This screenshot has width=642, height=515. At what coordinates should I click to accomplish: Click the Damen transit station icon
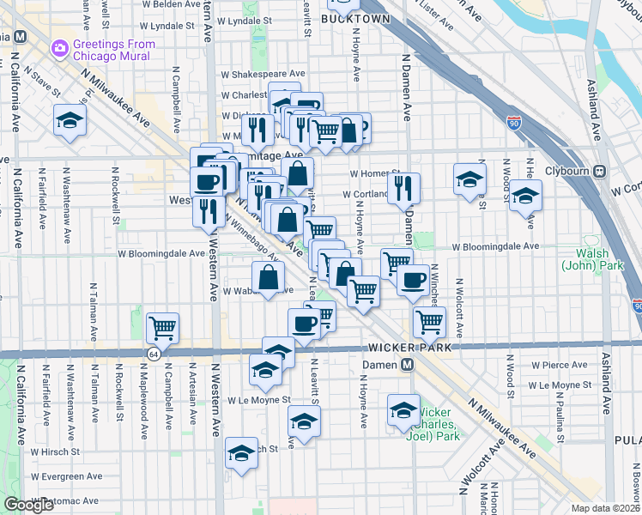(409, 364)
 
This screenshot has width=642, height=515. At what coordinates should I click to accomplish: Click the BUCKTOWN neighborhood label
(356, 18)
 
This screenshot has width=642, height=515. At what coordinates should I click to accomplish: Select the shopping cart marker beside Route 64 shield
(162, 327)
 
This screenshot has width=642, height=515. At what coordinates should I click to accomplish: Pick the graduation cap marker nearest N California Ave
(70, 120)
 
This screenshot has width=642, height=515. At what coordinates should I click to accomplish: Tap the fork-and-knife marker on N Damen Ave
(403, 187)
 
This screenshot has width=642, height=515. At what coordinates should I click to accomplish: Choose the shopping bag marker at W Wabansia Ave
(269, 276)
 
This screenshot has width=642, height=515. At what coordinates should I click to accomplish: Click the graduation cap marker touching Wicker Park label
(403, 409)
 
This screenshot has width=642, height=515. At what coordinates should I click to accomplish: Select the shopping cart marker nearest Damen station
(429, 322)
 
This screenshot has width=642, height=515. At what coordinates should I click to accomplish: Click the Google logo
(28, 505)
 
